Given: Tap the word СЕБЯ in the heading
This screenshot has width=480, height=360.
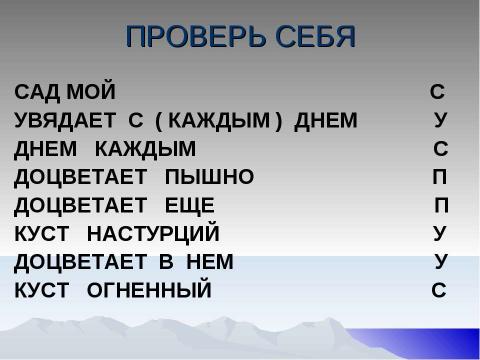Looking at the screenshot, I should point(310,38).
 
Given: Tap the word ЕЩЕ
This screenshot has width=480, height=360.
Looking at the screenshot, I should point(189,207).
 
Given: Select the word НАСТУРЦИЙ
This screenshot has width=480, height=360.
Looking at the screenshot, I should point(153,235).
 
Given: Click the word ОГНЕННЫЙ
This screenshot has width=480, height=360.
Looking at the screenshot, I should point(150,292).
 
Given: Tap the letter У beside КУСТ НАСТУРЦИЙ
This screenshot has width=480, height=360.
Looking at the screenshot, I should point(439,235).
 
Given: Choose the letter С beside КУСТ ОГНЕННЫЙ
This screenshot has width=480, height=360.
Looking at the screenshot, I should point(438,292).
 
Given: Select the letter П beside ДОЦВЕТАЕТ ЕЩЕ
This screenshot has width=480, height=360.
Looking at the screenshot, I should point(441,207).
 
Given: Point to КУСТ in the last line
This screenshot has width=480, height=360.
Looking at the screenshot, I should point(43,292).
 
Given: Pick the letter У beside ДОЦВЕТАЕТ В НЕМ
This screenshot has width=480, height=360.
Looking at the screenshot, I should point(441,263).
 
